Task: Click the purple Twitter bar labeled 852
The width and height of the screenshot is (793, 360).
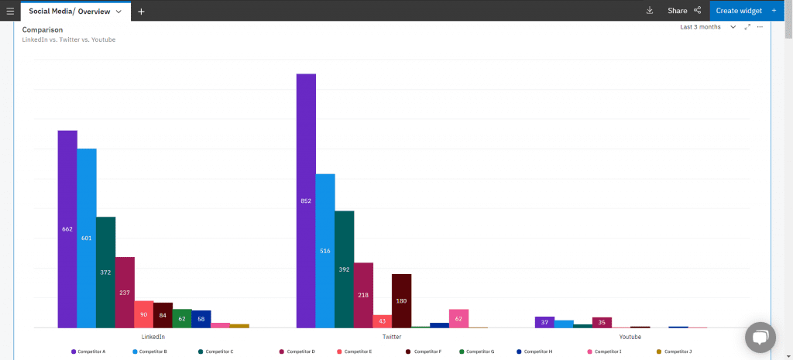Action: [x=306, y=201]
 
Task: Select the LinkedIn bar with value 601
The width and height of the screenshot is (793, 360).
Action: [x=87, y=238]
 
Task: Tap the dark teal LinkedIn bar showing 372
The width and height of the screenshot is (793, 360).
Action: [x=106, y=272]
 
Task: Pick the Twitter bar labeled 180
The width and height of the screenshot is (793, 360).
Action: [x=401, y=300]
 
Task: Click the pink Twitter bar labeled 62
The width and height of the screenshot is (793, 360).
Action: [x=458, y=318]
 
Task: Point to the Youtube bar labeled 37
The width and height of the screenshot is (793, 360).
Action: [x=544, y=322]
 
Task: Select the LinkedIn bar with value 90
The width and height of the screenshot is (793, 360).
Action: [x=144, y=314]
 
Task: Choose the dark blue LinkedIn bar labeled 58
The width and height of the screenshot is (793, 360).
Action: [x=201, y=318]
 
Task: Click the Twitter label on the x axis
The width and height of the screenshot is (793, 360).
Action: [x=392, y=338]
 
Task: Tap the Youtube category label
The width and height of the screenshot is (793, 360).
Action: [x=630, y=338]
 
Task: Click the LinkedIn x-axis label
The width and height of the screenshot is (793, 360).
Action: [x=153, y=338]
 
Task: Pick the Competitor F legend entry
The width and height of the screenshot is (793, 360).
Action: [x=424, y=351]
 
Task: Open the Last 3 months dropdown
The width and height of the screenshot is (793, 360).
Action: [x=707, y=27]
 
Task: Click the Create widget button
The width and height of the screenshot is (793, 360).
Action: [x=746, y=11]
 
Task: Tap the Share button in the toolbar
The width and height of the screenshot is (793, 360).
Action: [x=684, y=11]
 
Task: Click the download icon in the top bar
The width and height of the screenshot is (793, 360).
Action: [x=649, y=11]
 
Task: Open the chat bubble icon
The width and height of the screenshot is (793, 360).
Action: [x=760, y=338]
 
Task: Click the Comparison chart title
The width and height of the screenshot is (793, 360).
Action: [x=43, y=29]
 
